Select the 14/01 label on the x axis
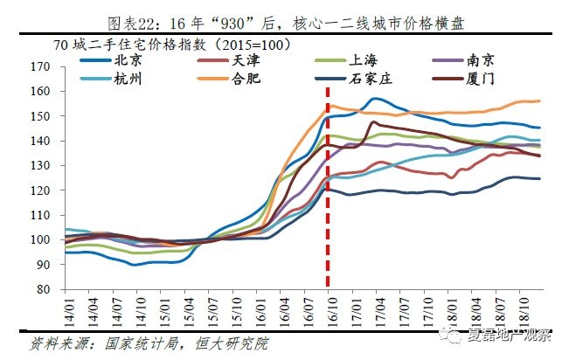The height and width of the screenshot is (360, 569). tap(67, 310)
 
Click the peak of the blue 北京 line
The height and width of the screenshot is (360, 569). tap(374, 98)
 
